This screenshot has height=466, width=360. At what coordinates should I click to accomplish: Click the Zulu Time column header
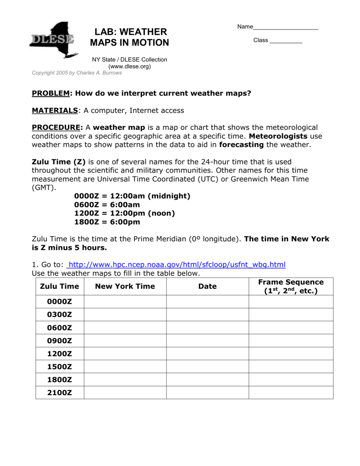point(60,286)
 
